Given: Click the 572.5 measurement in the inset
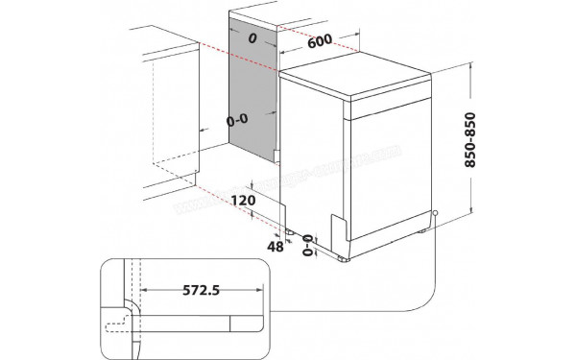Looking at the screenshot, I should (x=199, y=287).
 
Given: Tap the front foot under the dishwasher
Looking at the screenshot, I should (x=345, y=256).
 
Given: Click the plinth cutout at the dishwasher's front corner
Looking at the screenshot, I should (x=339, y=228).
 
